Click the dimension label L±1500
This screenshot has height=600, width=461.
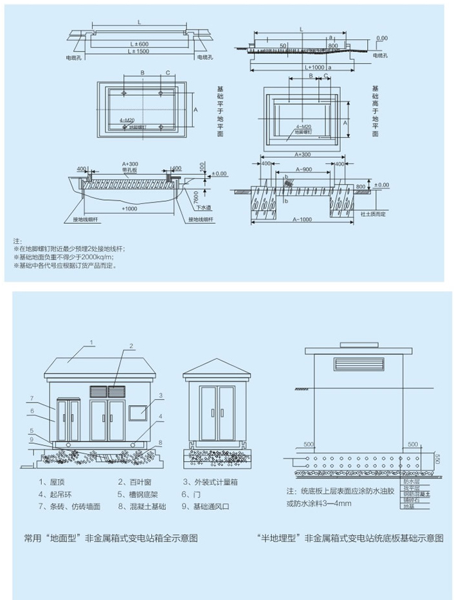[x=138, y=50]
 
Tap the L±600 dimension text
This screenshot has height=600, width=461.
[x=139, y=43]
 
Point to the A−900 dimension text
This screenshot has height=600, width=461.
[x=304, y=169]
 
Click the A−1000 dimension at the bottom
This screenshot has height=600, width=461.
[x=302, y=221]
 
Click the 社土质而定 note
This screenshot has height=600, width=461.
[x=373, y=214]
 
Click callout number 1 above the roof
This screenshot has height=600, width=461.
[x=92, y=342]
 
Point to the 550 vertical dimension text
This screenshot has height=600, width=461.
[x=437, y=459]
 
